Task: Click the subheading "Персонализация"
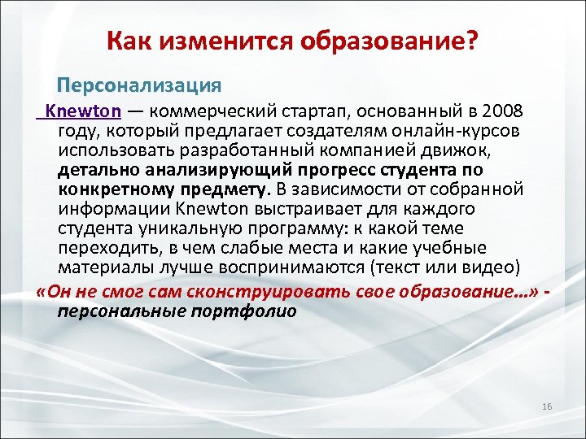click(x=138, y=84)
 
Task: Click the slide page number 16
click(x=546, y=406)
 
